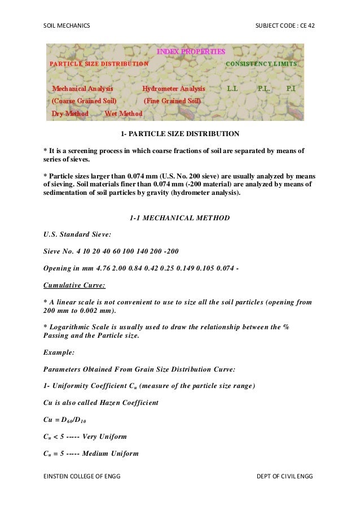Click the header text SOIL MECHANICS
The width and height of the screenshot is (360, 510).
click(x=67, y=26)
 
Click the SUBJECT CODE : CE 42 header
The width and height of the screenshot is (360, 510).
click(x=285, y=26)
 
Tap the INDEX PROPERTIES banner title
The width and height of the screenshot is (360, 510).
click(x=191, y=52)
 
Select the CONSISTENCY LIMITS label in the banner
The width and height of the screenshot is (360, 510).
click(x=261, y=64)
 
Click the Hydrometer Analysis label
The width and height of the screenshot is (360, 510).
click(x=174, y=89)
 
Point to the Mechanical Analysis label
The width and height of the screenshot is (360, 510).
click(x=82, y=89)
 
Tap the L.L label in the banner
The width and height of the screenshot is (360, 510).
click(x=232, y=89)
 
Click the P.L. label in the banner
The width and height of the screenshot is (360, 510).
click(x=264, y=89)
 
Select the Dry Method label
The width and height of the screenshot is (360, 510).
click(x=70, y=114)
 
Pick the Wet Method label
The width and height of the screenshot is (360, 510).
click(x=124, y=114)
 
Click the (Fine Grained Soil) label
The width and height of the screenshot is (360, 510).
click(x=172, y=101)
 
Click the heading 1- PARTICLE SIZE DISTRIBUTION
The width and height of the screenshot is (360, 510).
click(x=180, y=134)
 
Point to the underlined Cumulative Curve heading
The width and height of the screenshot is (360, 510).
click(x=74, y=285)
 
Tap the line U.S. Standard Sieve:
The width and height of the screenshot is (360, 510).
click(x=77, y=233)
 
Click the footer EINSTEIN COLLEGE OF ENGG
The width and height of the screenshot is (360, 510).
click(x=82, y=477)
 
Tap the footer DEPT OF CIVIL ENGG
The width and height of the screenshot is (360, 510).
click(x=284, y=477)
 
